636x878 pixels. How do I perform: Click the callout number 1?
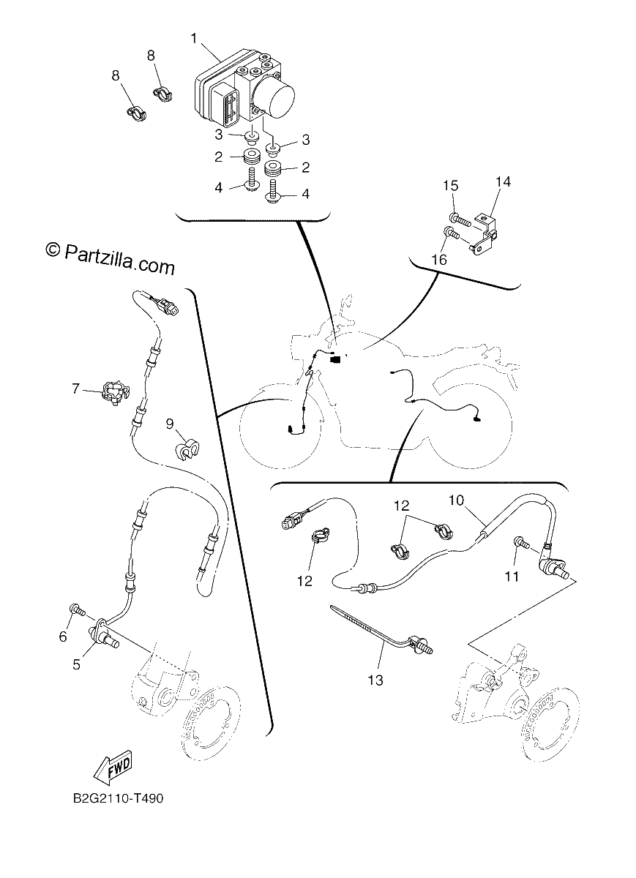194,39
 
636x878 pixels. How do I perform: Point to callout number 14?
503,181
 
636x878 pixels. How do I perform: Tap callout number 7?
75,389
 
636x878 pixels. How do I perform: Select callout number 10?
456,500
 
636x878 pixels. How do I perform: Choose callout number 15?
451,185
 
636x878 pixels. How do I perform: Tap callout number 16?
439,259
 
